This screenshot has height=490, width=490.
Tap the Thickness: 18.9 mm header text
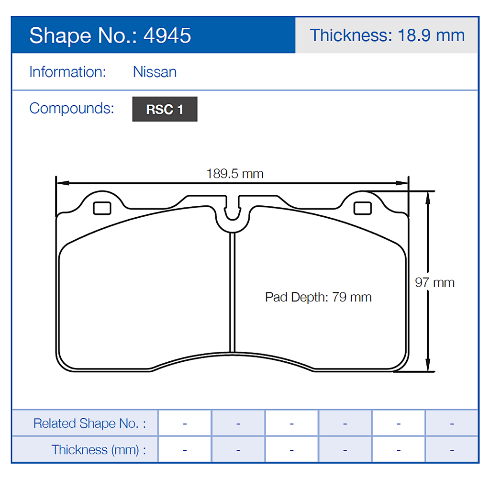387,35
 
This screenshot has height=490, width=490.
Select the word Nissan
155,72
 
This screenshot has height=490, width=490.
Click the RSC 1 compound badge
165,109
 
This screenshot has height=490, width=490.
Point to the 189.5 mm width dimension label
234,173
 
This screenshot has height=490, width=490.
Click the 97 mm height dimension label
434,282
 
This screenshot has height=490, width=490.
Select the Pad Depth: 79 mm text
318,297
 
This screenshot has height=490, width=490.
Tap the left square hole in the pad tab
102,208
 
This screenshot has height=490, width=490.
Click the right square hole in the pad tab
362,208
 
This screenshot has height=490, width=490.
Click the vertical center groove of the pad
233,292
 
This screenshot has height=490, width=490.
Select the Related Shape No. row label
89,423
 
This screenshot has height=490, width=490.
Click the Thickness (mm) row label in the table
99,450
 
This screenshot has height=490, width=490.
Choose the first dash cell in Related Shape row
185,423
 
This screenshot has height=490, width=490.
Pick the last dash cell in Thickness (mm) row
451,450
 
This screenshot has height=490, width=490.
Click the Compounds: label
72,108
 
